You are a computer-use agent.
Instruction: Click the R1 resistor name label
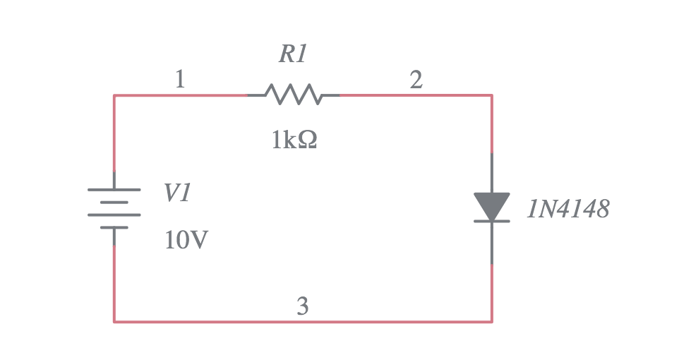pyautogui.click(x=293, y=54)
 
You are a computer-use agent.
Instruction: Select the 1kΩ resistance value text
pyautogui.click(x=294, y=140)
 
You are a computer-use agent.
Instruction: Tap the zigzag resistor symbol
pyautogui.click(x=293, y=95)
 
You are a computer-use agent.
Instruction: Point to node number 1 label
pyautogui.click(x=180, y=80)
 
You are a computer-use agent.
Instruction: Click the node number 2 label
pyautogui.click(x=416, y=80)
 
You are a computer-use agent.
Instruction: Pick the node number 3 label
pyautogui.click(x=302, y=306)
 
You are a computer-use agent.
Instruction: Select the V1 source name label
pyautogui.click(x=177, y=193)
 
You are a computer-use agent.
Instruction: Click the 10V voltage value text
pyautogui.click(x=186, y=241)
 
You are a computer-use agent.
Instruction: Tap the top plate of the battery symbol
pyautogui.click(x=114, y=190)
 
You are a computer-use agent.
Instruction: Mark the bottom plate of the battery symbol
pyautogui.click(x=114, y=227)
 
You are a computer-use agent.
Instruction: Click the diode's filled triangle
pyautogui.click(x=491, y=205)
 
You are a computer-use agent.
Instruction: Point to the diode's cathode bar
pyautogui.click(x=491, y=221)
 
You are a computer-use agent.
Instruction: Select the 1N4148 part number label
pyautogui.click(x=567, y=209)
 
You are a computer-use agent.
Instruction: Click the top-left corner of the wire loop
pyautogui.click(x=114, y=95)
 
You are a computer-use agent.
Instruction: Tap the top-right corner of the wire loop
pyautogui.click(x=491, y=95)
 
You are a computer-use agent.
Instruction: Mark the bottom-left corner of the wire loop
pyautogui.click(x=114, y=322)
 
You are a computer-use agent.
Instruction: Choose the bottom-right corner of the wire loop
pyautogui.click(x=491, y=322)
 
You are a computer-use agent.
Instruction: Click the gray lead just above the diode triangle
pyautogui.click(x=491, y=173)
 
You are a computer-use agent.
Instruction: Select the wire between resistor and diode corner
pyautogui.click(x=416, y=95)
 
